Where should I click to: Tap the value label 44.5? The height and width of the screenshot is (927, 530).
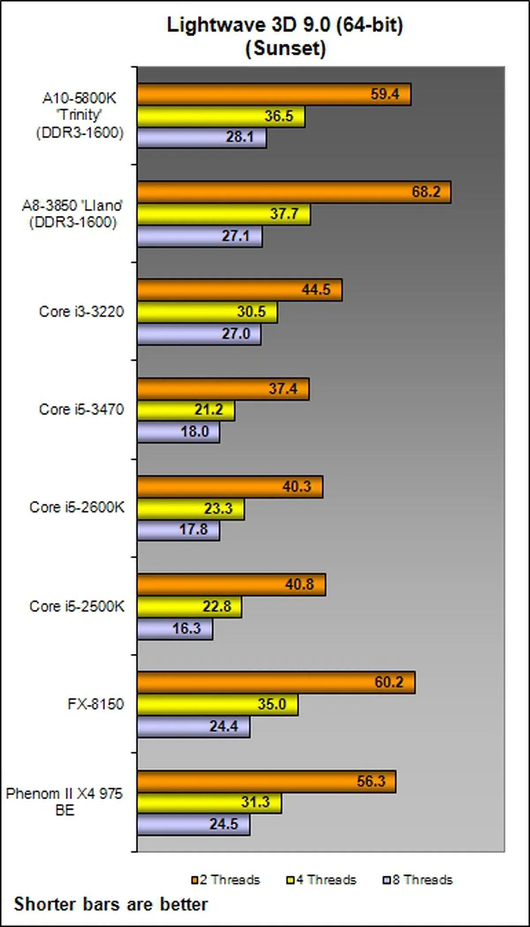pyautogui.click(x=316, y=290)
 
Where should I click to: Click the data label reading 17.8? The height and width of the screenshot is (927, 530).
pyautogui.click(x=193, y=529)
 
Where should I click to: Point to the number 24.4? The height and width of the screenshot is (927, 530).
pyautogui.click(x=223, y=726)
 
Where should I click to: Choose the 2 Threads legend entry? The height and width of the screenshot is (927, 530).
pyautogui.click(x=226, y=880)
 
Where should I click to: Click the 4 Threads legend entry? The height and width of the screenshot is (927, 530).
pyautogui.click(x=322, y=880)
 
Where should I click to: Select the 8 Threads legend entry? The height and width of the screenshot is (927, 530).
pyautogui.click(x=418, y=880)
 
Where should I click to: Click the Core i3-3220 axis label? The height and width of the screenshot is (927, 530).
pyautogui.click(x=81, y=312)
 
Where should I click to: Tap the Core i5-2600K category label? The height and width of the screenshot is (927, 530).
pyautogui.click(x=77, y=507)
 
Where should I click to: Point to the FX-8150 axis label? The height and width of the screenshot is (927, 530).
pyautogui.click(x=95, y=704)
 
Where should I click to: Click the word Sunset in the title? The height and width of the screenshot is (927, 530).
pyautogui.click(x=286, y=48)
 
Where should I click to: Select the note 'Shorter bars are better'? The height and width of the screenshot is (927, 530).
pyautogui.click(x=111, y=904)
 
